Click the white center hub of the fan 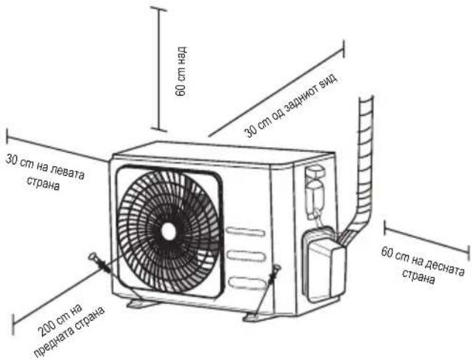pos(169,231)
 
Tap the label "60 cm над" pos(181,71)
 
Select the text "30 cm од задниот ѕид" pos(291,105)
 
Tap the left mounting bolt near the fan pos(99,263)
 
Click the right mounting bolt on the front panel pos(274,274)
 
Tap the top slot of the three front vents pos(246,231)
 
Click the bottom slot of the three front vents pos(247,283)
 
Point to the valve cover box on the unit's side pos(324,265)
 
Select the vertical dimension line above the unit pos(159,70)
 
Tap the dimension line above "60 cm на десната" pos(427,240)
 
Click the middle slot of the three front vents pos(247,256)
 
